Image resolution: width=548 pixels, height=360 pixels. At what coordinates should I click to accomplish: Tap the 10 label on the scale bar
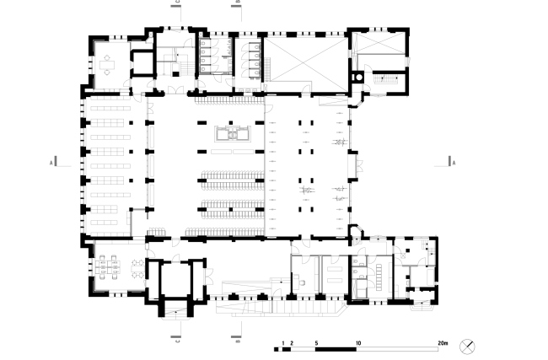tap(358, 343)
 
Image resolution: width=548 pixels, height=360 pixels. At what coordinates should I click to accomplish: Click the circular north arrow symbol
tap(466, 345)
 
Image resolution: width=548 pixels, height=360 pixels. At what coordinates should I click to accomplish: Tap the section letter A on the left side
tap(51, 160)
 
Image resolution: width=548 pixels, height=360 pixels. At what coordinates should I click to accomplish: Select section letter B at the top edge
tap(238, 3)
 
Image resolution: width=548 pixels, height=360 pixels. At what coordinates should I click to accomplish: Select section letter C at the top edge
tap(177, 3)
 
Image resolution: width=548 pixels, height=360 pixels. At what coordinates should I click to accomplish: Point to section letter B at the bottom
tap(238, 341)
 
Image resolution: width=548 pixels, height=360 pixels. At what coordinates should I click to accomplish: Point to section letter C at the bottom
tap(177, 341)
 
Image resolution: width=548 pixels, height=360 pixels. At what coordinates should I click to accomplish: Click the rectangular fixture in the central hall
tap(230, 132)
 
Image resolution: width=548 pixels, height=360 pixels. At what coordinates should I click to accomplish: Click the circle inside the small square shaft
tap(359, 76)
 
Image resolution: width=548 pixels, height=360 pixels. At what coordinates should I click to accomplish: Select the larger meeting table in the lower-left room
tap(107, 267)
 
